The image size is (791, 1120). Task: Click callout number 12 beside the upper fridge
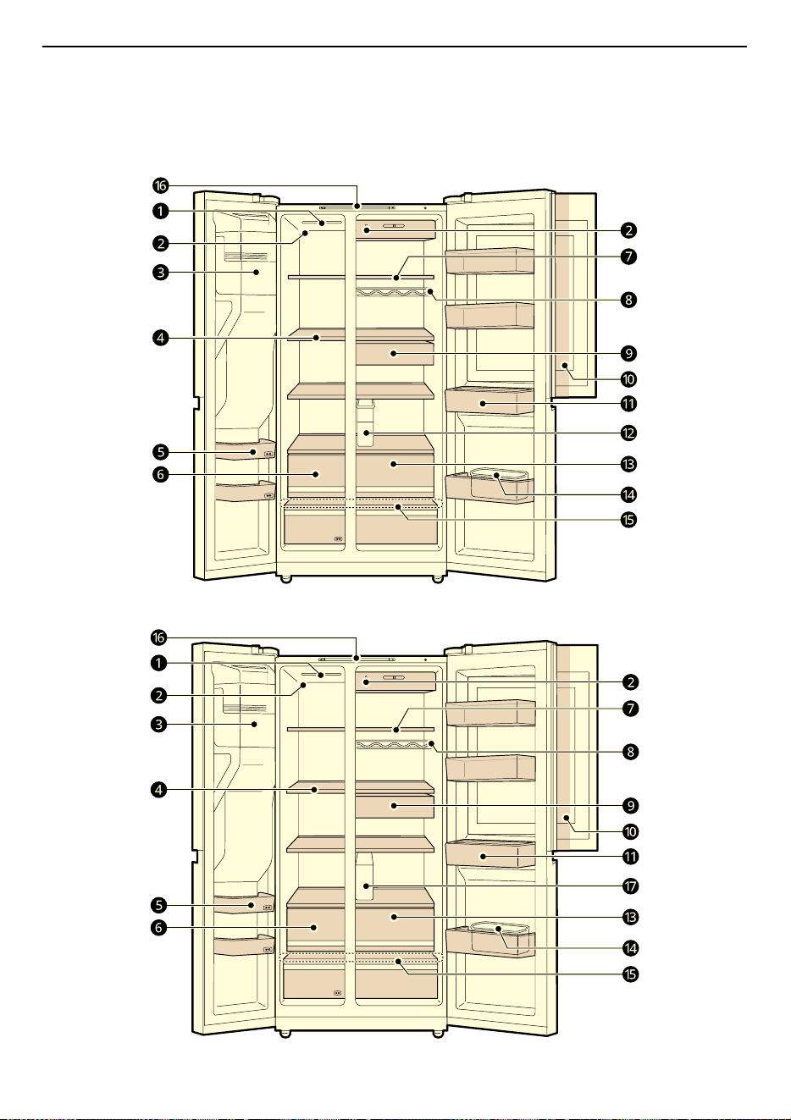click(629, 433)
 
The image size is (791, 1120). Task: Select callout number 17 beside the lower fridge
click(630, 886)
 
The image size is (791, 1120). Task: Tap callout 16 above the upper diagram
click(160, 186)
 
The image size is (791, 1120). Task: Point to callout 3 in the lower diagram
click(159, 724)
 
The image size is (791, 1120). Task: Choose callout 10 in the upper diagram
click(629, 379)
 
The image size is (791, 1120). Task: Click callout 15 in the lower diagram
click(630, 974)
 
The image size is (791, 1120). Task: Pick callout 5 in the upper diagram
click(161, 453)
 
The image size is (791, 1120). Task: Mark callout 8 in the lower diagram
click(630, 752)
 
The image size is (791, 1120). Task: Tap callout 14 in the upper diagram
click(629, 495)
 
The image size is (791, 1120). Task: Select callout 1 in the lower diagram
click(158, 664)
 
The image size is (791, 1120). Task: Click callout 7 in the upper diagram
click(629, 257)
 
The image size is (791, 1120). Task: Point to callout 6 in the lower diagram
click(159, 928)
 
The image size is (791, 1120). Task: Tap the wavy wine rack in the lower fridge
click(393, 744)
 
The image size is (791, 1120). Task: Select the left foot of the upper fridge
click(285, 580)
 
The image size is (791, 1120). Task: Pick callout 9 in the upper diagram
click(629, 354)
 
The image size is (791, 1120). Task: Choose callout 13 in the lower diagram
click(630, 917)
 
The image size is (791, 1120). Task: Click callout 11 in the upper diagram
click(629, 404)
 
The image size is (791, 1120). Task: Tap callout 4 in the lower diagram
click(159, 790)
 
